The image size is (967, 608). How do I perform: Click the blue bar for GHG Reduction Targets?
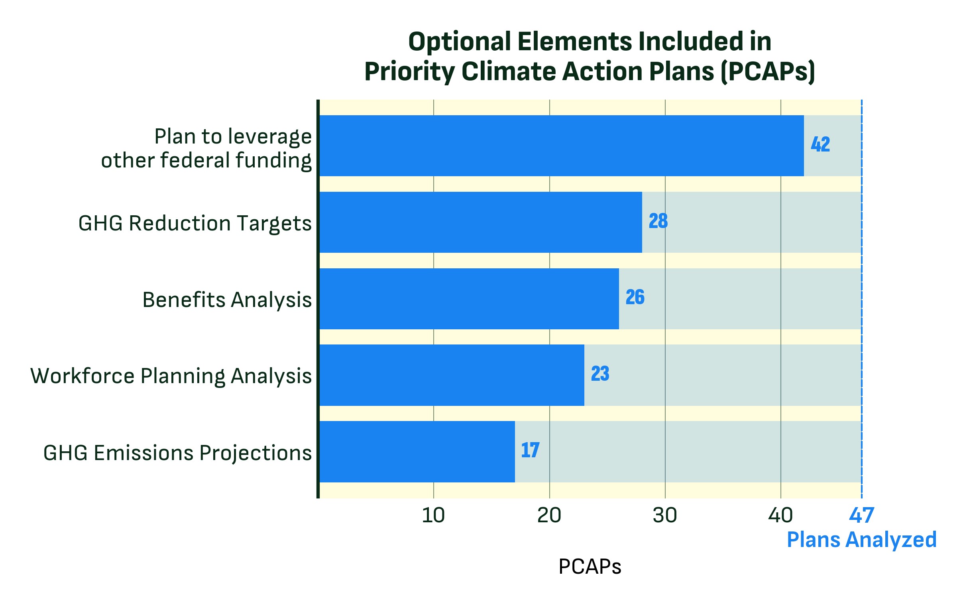pyautogui.click(x=480, y=222)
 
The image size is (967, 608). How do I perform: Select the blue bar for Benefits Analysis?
pyautogui.click(x=469, y=299)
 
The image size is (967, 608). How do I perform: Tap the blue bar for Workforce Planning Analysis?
pyautogui.click(x=451, y=375)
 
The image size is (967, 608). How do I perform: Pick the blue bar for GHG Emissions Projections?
pyautogui.click(x=417, y=452)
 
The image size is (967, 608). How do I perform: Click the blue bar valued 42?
pyautogui.click(x=561, y=146)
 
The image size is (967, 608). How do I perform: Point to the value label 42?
pyautogui.click(x=820, y=145)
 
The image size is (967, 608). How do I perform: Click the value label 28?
pyautogui.click(x=658, y=221)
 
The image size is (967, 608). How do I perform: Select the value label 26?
pyautogui.click(x=635, y=297)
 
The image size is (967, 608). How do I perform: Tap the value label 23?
pyautogui.click(x=600, y=374)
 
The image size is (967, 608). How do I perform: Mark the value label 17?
pyautogui.click(x=530, y=450)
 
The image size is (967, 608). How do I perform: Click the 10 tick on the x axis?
pyautogui.click(x=433, y=516)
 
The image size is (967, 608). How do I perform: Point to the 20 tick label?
pyautogui.click(x=549, y=516)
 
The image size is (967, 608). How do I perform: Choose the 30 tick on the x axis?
pyautogui.click(x=664, y=516)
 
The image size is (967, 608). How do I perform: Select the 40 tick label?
pyautogui.click(x=780, y=516)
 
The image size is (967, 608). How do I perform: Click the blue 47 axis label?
pyautogui.click(x=861, y=516)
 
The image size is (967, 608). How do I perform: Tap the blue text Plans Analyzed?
pyautogui.click(x=861, y=540)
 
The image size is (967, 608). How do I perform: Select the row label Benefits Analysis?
pyautogui.click(x=227, y=299)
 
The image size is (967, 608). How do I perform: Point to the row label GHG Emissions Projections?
pyautogui.click(x=177, y=453)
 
